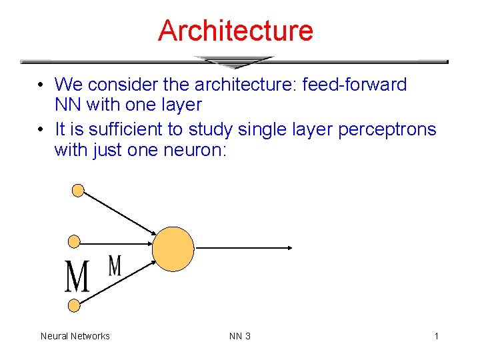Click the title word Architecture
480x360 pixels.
235,31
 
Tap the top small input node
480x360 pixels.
78,191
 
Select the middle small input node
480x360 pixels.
75,241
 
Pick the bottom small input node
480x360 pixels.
75,305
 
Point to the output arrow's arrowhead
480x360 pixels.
289,248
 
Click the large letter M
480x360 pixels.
77,277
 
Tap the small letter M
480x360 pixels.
115,265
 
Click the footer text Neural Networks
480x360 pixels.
75,336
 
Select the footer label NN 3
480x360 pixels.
240,336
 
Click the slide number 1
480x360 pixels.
436,336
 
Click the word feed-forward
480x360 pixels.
355,85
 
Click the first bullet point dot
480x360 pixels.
41,85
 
